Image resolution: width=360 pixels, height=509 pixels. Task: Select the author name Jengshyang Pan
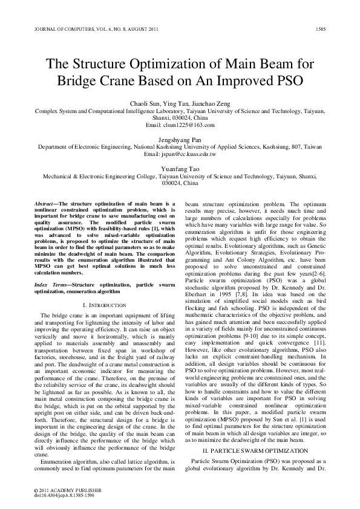(180, 139)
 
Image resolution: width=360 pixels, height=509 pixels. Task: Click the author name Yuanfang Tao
(180, 169)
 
